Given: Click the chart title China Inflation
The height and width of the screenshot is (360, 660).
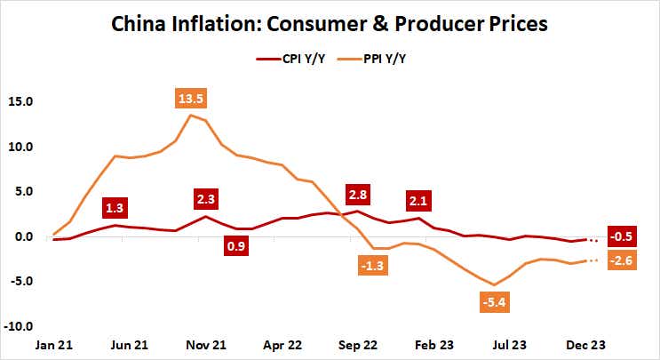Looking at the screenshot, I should point(330,22).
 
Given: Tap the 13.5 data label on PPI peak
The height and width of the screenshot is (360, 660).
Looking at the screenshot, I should point(190,99).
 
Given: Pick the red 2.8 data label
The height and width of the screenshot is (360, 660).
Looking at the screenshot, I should point(358,194).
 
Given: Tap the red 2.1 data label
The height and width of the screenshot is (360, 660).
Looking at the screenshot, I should point(417,200).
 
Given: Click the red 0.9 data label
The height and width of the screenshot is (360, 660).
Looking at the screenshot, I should point(235,244).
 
